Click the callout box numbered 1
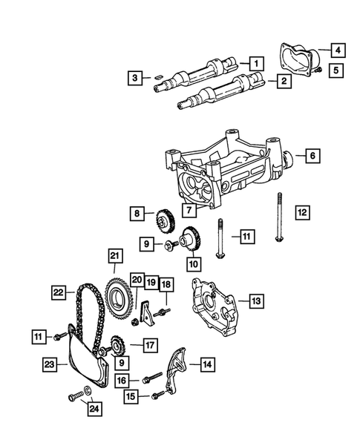pos(255,64)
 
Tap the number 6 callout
pos(312,156)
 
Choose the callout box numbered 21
pos(114,257)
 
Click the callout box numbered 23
pos(50,364)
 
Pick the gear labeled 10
pos(190,240)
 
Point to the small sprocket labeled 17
pos(117,346)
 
